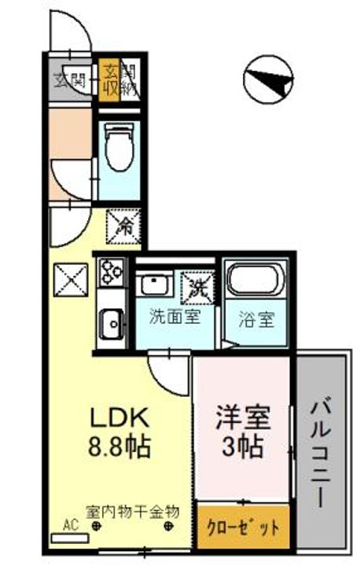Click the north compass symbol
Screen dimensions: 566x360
pyautogui.click(x=269, y=79)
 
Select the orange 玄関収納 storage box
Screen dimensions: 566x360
pyautogui.click(x=108, y=79)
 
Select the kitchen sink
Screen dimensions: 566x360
pyautogui.click(x=110, y=322)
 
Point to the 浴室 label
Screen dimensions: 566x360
pyautogui.click(x=256, y=320)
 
